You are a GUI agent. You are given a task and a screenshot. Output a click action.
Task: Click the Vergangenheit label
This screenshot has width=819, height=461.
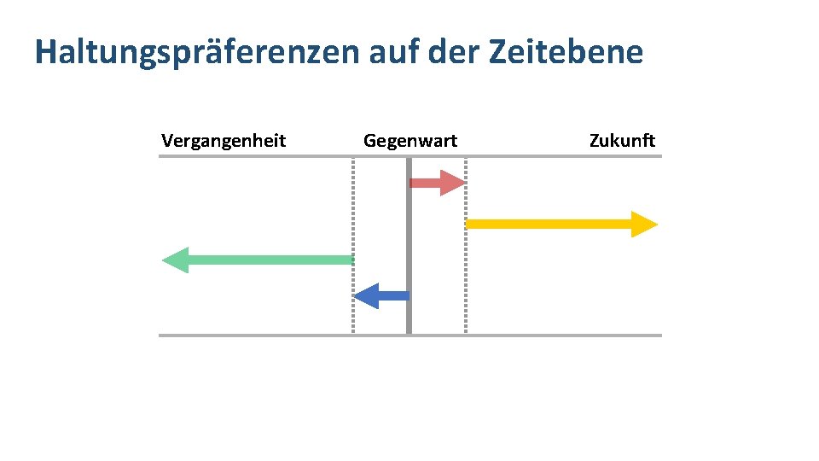(x=224, y=141)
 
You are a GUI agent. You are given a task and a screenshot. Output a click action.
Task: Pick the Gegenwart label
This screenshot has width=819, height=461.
(x=410, y=141)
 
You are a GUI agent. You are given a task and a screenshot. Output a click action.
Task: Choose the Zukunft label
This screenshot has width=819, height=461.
(x=622, y=141)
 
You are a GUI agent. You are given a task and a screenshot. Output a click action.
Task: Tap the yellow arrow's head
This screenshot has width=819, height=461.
(x=644, y=224)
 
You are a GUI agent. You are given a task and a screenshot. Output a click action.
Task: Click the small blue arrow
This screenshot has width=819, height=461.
(x=382, y=296)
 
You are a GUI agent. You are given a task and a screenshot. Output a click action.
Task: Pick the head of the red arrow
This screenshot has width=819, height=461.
(x=451, y=183)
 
